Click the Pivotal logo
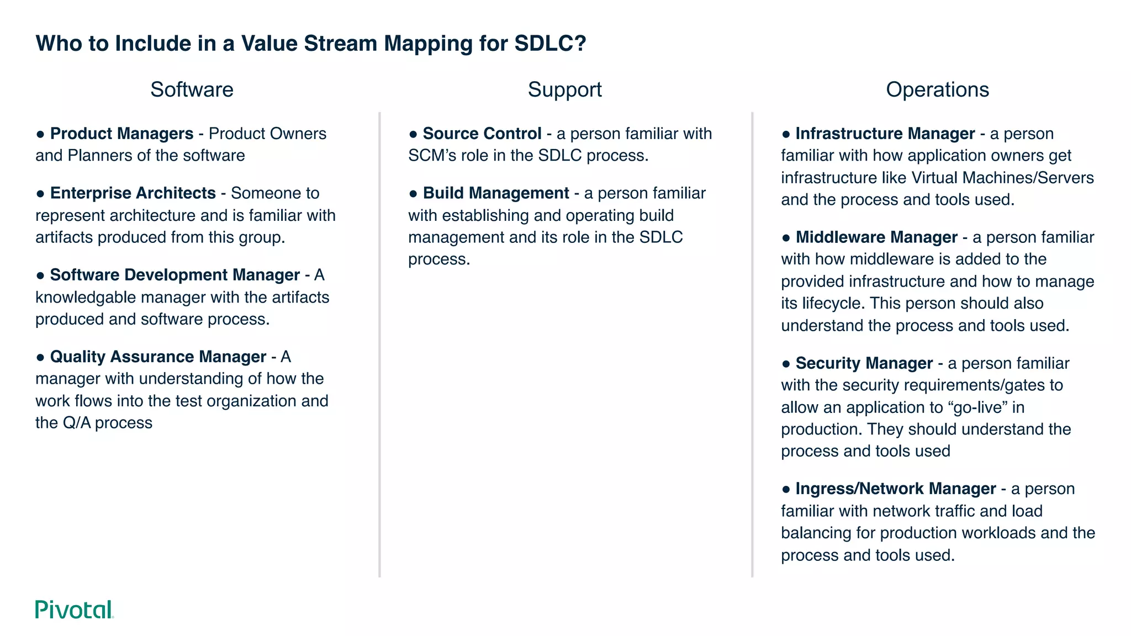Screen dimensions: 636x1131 tap(75, 609)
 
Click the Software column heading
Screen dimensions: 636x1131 tap(192, 89)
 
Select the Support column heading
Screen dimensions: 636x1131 tap(564, 89)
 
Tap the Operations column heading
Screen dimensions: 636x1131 tap(937, 89)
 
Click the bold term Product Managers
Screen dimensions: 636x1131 tap(121, 134)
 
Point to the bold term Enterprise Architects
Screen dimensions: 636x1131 tap(133, 193)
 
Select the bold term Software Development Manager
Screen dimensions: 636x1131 tap(175, 275)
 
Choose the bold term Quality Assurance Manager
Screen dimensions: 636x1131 tap(158, 357)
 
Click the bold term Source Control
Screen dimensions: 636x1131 tap(482, 134)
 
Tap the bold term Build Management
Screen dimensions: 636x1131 tap(495, 193)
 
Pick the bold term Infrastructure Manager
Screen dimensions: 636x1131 tap(885, 134)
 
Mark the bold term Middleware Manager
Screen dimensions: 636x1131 tap(876, 237)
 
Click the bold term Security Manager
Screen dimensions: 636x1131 tap(864, 363)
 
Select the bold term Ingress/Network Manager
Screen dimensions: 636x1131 tap(895, 489)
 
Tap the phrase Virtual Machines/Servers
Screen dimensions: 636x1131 tap(1002, 178)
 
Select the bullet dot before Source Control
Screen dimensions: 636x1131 tap(413, 134)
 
